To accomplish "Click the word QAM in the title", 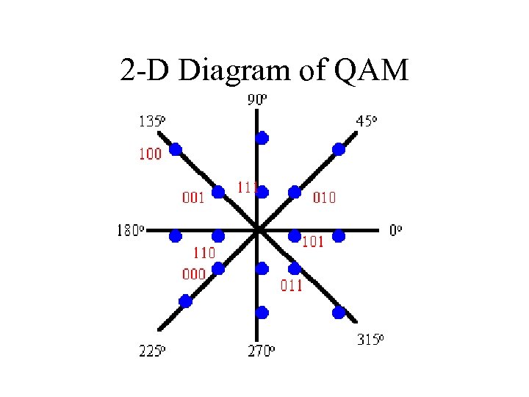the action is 371,71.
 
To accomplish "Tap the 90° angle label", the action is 256,101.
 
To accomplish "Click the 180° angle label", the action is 132,231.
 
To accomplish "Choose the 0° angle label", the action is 395,230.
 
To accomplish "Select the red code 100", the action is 150,154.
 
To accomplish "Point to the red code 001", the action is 193,197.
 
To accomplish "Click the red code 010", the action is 325,197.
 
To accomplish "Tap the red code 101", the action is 313,242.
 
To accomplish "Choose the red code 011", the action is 291,286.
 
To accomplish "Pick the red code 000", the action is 193,273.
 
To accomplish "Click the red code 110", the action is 204,253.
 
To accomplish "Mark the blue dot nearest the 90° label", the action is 262,137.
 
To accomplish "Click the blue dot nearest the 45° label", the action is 339,149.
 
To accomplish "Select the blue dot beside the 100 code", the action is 176,149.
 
